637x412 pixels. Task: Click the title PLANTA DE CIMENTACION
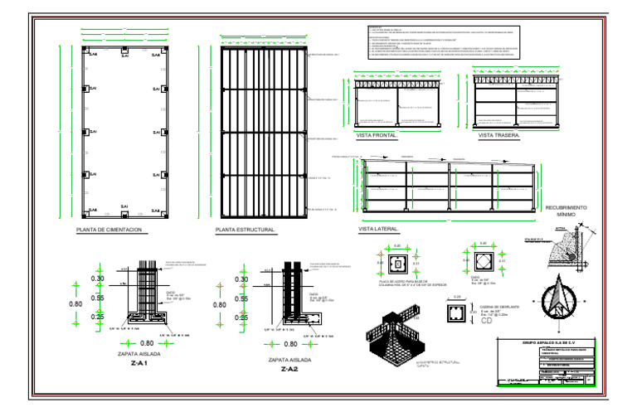(x=109, y=230)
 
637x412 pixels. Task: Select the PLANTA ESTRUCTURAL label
(x=245, y=230)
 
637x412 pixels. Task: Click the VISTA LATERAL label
(x=379, y=229)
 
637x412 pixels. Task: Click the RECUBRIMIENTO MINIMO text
(x=566, y=211)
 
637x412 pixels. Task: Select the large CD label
(x=486, y=322)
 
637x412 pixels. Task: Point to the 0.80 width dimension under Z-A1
(x=147, y=342)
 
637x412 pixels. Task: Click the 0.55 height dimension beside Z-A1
(x=97, y=298)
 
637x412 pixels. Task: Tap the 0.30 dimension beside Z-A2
(x=241, y=279)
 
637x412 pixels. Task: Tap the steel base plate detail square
(x=397, y=264)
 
